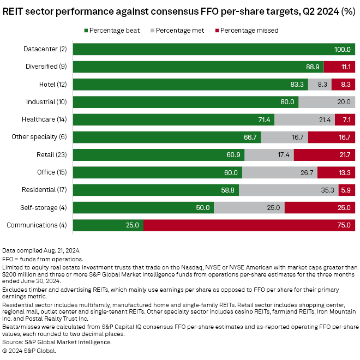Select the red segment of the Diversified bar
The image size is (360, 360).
tap(339, 67)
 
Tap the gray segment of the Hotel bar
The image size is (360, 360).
tap(320, 85)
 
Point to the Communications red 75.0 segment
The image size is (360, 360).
tap(249, 225)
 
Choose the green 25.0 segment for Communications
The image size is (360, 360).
tap(108, 225)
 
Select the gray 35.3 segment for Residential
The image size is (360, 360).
tap(289, 190)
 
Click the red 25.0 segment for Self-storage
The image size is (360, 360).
tap(320, 207)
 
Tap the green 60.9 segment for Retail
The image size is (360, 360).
tap(159, 154)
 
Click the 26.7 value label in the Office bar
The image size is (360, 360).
tap(284, 172)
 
